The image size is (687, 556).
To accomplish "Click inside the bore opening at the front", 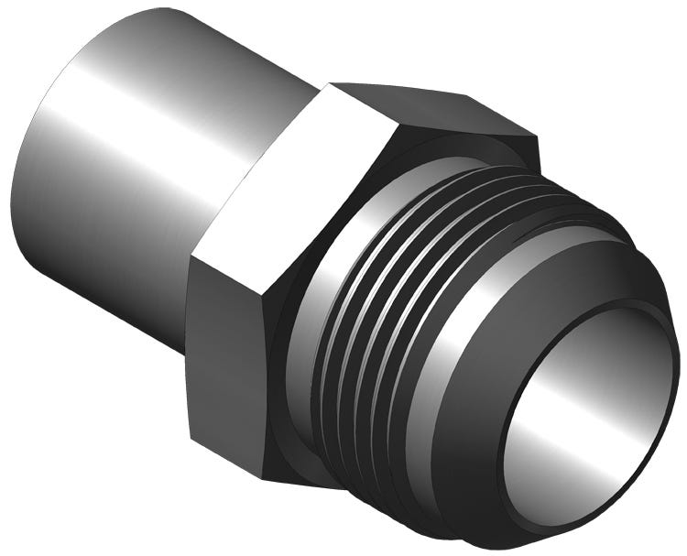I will point(586,403).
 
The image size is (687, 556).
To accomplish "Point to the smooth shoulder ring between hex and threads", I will point(311,302).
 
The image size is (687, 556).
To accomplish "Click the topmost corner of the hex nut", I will point(332,83).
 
